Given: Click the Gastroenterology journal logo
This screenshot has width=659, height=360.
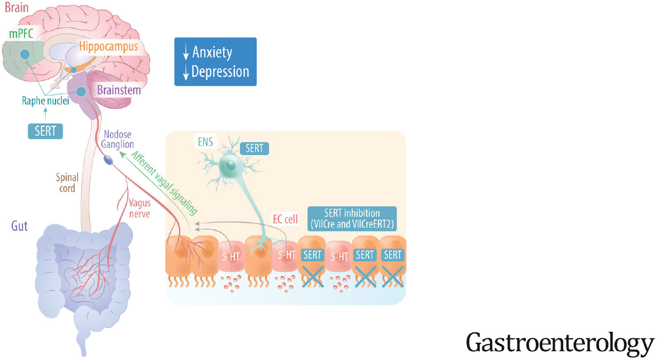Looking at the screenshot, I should click(559, 343).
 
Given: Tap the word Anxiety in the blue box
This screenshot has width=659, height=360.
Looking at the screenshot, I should click(212, 52).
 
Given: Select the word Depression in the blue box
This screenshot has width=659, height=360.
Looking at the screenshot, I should click(220, 72).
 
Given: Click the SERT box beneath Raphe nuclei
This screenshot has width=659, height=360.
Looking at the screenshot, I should click(45, 131).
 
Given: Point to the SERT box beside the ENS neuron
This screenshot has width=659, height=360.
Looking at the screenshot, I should click(254, 148).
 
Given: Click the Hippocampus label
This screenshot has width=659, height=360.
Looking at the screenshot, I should click(108, 46).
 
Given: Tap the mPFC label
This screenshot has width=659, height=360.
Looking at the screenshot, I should click(21, 33).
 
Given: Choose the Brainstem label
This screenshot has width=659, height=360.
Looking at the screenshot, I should click(119, 90).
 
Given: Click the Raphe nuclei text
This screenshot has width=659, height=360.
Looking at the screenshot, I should click(45, 101).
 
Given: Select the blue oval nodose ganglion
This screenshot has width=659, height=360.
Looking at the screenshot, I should click(108, 160).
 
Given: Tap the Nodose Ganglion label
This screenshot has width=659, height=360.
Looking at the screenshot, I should click(117, 139).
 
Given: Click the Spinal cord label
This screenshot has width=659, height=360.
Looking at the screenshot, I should click(67, 183).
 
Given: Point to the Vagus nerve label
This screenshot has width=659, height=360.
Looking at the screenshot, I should click(139, 208).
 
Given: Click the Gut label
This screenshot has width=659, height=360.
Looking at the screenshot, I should click(19, 226).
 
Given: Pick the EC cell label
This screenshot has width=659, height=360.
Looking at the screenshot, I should click(285, 219).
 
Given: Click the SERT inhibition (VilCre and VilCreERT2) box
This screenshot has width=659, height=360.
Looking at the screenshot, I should click(352, 219).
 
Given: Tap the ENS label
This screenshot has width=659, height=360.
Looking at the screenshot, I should click(205, 142).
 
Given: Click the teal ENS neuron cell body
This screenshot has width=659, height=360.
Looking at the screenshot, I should click(230, 165).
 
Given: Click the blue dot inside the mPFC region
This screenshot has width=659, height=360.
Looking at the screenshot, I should click(25, 54).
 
